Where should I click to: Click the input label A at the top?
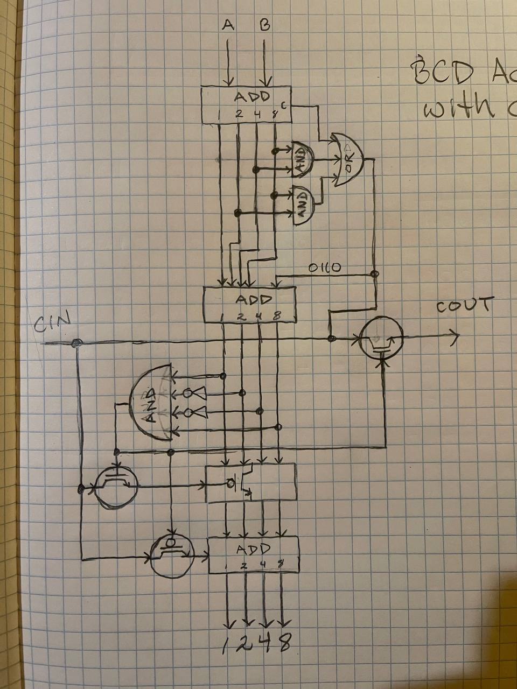coord(228,25)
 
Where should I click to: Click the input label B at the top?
coord(264,25)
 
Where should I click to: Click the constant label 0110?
coord(324,268)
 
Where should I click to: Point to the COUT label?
coord(465,306)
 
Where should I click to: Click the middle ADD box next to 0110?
coord(250,304)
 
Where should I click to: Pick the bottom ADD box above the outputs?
coord(254,554)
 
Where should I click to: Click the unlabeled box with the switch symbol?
coord(251,482)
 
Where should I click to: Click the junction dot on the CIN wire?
coord(76,343)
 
